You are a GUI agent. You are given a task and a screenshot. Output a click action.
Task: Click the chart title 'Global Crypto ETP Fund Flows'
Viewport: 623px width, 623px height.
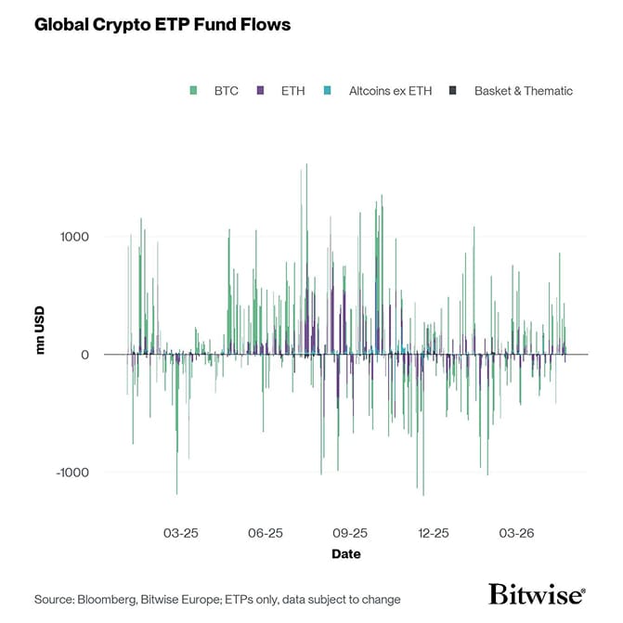click(x=162, y=25)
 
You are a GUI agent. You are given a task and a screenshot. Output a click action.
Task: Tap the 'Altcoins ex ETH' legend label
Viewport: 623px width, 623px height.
click(x=390, y=91)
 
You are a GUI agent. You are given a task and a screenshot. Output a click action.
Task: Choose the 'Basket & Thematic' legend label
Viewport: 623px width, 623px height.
click(x=523, y=91)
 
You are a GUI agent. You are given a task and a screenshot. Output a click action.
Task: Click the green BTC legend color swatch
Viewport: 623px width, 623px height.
click(x=193, y=91)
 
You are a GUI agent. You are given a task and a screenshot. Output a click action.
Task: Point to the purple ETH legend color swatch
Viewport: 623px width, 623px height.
click(x=261, y=91)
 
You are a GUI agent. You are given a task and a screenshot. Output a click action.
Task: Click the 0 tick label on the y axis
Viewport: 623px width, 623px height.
click(x=84, y=355)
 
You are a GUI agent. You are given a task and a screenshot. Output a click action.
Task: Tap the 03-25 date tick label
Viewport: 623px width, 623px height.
click(x=181, y=534)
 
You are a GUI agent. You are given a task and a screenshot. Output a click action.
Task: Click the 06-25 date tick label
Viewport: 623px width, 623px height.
click(x=266, y=534)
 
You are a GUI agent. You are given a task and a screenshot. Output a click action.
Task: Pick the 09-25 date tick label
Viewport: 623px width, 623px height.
click(x=350, y=534)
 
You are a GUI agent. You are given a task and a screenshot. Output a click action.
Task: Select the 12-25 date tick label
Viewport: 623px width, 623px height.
click(x=434, y=534)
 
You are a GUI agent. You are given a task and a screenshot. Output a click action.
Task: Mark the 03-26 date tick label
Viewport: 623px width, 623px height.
click(x=517, y=534)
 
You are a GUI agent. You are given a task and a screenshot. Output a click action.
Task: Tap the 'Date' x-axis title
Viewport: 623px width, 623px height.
click(x=346, y=554)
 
